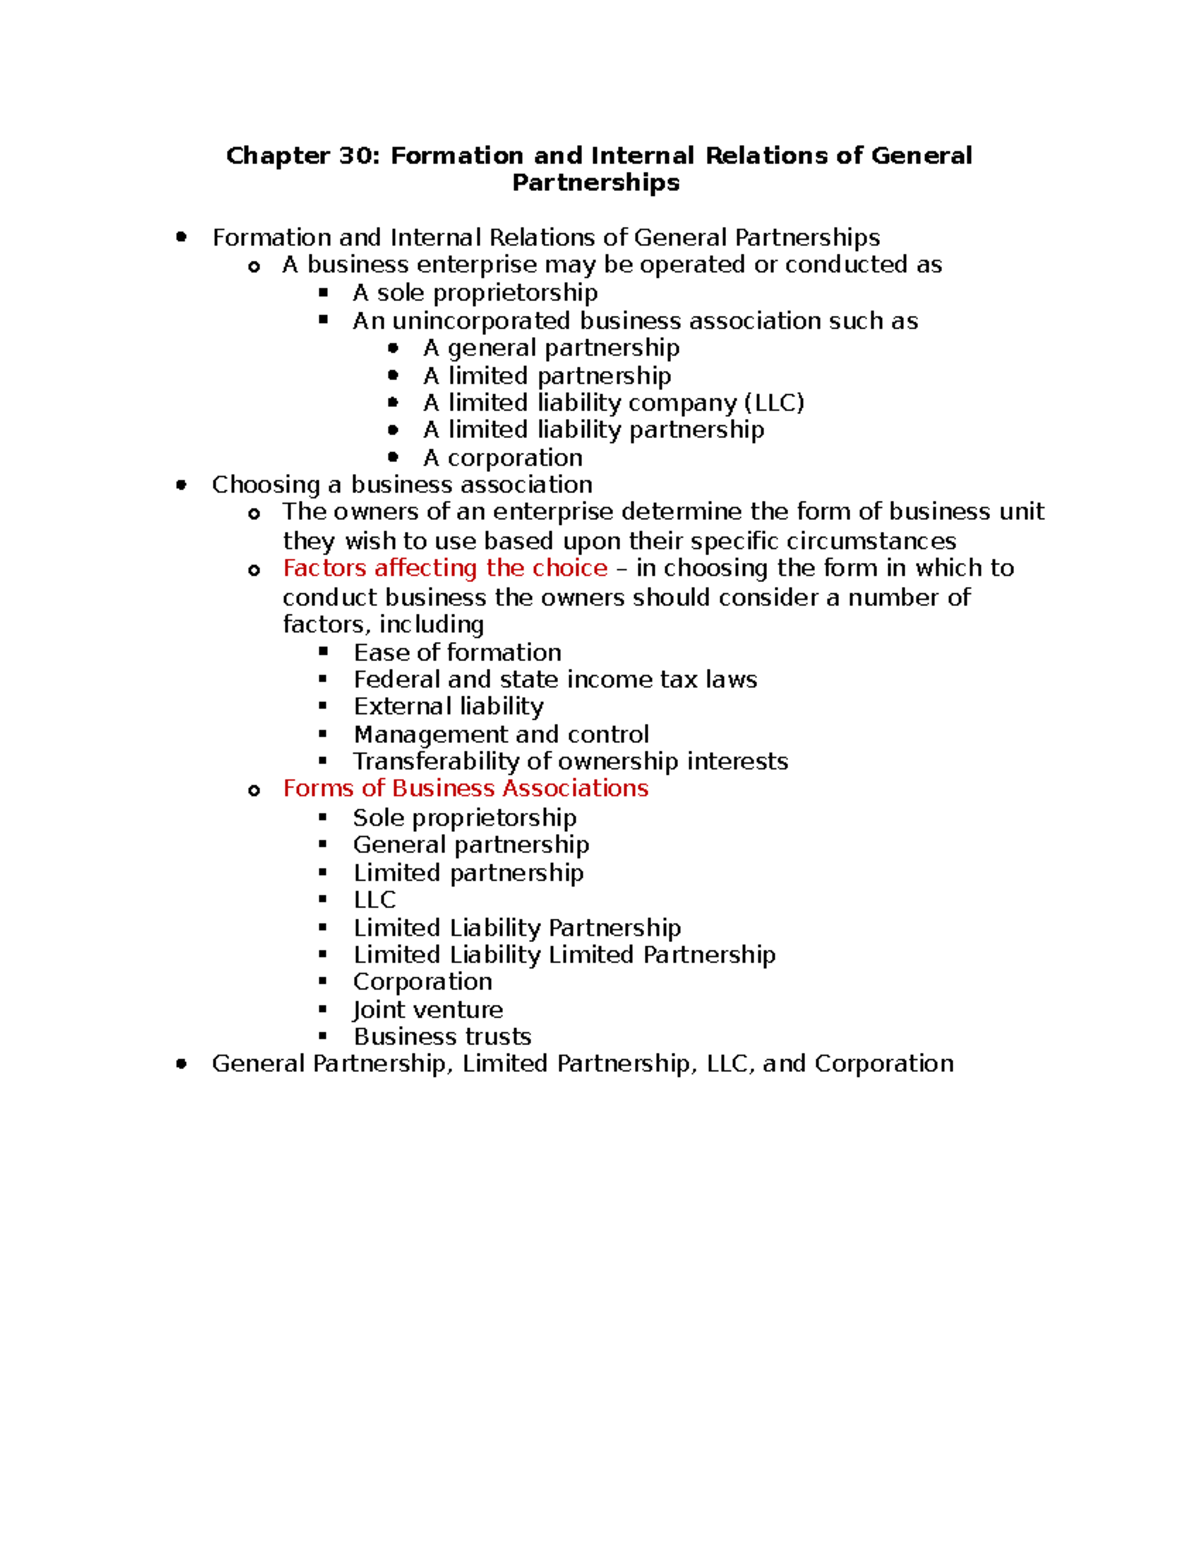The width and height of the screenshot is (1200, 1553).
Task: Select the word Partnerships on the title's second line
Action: point(596,183)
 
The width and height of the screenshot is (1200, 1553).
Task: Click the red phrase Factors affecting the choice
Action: point(445,568)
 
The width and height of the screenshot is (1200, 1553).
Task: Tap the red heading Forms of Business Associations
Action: point(465,789)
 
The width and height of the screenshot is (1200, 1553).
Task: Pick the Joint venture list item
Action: point(428,1010)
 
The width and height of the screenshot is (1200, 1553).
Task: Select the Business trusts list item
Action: point(442,1037)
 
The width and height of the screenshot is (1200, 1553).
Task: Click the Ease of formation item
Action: point(457,653)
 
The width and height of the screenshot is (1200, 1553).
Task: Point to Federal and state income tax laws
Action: point(555,680)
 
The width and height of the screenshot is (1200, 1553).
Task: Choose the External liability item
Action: point(448,707)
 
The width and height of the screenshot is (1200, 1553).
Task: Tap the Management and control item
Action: point(501,735)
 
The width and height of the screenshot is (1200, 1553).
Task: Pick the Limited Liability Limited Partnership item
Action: point(564,955)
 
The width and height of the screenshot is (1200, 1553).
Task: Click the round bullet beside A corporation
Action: point(394,457)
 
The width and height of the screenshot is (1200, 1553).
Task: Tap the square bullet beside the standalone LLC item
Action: point(323,899)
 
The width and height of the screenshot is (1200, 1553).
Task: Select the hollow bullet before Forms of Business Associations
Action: point(254,791)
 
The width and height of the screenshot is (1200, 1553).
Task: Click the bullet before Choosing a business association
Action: point(181,485)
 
